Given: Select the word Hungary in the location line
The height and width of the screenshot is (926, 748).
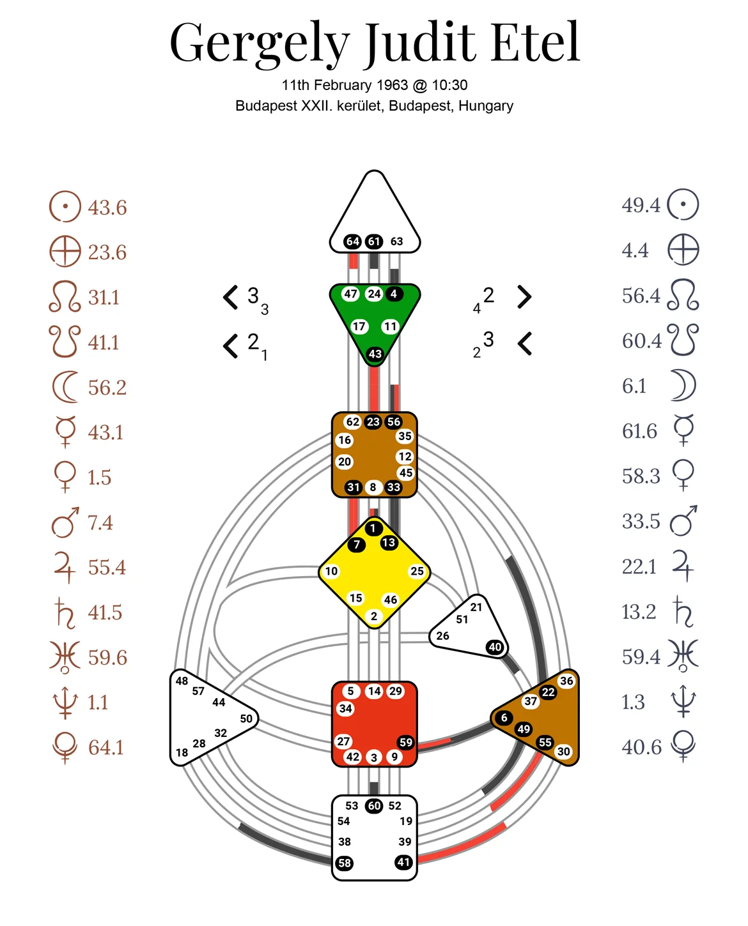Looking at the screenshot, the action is [x=486, y=106].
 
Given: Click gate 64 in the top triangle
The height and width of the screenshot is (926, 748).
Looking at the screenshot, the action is [x=352, y=241].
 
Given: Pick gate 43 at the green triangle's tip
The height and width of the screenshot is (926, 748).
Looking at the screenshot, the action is [x=375, y=354].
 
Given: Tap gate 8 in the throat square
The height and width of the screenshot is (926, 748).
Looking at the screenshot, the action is [x=373, y=487].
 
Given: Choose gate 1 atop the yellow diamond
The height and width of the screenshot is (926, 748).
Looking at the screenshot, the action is [x=373, y=528].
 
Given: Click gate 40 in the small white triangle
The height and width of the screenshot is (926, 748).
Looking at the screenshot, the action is [x=495, y=647].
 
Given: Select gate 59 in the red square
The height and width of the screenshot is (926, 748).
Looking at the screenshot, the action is [x=405, y=742].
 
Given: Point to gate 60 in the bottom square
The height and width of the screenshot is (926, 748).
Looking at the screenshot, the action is [x=374, y=805].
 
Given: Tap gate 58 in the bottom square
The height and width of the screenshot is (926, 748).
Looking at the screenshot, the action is [x=344, y=863].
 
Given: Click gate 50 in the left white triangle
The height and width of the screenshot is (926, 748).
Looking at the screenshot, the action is [x=246, y=718].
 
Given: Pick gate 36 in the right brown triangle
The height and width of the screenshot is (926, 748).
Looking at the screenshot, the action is [x=566, y=681].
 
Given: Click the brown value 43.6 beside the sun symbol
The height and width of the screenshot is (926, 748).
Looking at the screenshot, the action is [x=107, y=208].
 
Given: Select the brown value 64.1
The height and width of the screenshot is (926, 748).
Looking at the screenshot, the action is [x=106, y=747].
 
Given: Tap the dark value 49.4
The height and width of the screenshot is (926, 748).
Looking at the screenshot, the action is [x=641, y=205].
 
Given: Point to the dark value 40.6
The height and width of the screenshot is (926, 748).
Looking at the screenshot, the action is [x=641, y=747].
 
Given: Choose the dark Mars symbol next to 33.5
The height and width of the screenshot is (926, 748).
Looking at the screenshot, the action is [x=683, y=520].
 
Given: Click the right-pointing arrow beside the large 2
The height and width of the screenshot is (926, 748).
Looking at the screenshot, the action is [x=525, y=297].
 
